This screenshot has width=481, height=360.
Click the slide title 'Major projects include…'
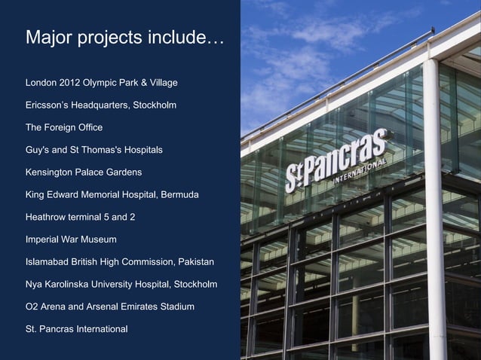pyautogui.click(x=124, y=38)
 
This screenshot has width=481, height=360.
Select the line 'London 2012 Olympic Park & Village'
pyautogui.click(x=101, y=81)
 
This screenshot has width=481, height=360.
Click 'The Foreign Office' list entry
pyautogui.click(x=64, y=127)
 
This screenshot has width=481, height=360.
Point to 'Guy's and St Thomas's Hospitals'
pyautogui.click(x=93, y=150)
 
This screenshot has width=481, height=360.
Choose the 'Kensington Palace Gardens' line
pyautogui.click(x=84, y=172)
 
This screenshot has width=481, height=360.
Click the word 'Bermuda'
pyautogui.click(x=180, y=195)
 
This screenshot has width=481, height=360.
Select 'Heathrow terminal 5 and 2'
pyautogui.click(x=80, y=217)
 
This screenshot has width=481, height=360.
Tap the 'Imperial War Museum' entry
pyautogui.click(x=71, y=239)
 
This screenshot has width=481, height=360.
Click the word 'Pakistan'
pyautogui.click(x=195, y=262)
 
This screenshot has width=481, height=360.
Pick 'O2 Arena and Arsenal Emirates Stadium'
pyautogui.click(x=110, y=307)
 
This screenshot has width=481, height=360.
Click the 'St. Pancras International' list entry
pyautogui.click(x=76, y=329)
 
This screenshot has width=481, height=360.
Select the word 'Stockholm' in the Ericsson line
pyautogui.click(x=155, y=105)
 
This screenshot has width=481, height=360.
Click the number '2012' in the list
pyautogui.click(x=73, y=81)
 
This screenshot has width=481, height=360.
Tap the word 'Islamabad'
pyautogui.click(x=47, y=262)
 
